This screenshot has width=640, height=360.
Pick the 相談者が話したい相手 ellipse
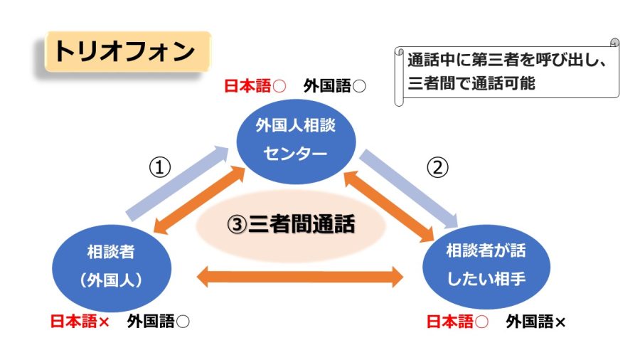click(x=486, y=265)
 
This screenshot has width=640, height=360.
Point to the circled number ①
click(x=161, y=167)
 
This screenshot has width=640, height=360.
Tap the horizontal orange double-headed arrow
click(x=299, y=276)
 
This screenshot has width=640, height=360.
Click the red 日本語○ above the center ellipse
click(x=255, y=87)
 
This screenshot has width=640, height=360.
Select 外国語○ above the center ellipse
click(x=334, y=87)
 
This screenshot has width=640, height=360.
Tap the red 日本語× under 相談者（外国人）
click(x=80, y=322)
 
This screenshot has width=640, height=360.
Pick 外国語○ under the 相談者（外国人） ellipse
click(x=159, y=322)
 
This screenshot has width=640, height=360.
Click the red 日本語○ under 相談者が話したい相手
click(x=457, y=322)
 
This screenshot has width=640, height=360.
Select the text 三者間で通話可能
click(x=471, y=83)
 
